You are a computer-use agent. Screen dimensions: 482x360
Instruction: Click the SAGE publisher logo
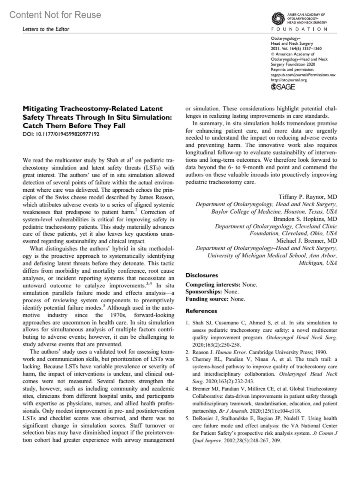coord(283,87)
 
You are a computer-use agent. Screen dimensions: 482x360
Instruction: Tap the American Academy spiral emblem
coord(277,19)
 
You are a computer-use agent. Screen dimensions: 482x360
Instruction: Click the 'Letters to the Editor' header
coord(46,29)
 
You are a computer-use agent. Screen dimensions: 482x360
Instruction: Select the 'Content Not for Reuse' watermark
coord(55,15)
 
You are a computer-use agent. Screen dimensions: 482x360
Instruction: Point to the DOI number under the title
coord(61,134)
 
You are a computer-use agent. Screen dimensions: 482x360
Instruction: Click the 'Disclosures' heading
coord(202,275)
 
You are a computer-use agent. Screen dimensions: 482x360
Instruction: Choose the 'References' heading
coord(201,311)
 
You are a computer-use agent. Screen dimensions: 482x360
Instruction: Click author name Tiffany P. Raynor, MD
coord(308,197)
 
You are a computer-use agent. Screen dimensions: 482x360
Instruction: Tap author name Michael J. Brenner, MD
coord(306,241)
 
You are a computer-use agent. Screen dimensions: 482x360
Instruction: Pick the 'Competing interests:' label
coord(213,284)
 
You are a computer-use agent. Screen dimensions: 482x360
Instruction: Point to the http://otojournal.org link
coord(289,80)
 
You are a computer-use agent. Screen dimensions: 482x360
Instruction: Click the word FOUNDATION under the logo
coord(299,29)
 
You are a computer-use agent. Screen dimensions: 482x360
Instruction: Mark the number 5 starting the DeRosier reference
coord(187,418)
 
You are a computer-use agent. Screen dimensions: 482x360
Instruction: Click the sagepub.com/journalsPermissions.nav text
coord(303,75)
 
